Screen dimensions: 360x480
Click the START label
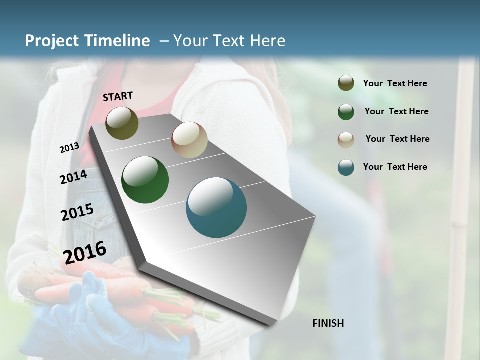(x=118, y=96)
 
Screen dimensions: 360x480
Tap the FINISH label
(x=328, y=323)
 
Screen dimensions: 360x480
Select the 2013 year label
(x=69, y=147)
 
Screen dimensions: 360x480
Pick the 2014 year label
(x=73, y=177)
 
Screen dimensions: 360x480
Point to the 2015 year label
(x=77, y=212)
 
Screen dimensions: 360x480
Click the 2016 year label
(x=85, y=252)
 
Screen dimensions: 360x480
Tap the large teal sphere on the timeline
(x=216, y=207)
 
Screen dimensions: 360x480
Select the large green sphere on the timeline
(x=145, y=180)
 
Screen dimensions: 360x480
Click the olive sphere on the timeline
(x=122, y=123)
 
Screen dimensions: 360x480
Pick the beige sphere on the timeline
(x=189, y=140)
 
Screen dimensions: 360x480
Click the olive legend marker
(x=346, y=83)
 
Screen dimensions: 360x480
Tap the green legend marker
(x=346, y=111)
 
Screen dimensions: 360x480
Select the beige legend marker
(x=346, y=139)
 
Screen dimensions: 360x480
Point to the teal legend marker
(x=346, y=167)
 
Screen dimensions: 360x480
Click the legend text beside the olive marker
(x=395, y=83)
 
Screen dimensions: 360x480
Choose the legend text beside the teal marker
(x=395, y=167)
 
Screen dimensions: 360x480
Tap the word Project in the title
(x=51, y=41)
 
